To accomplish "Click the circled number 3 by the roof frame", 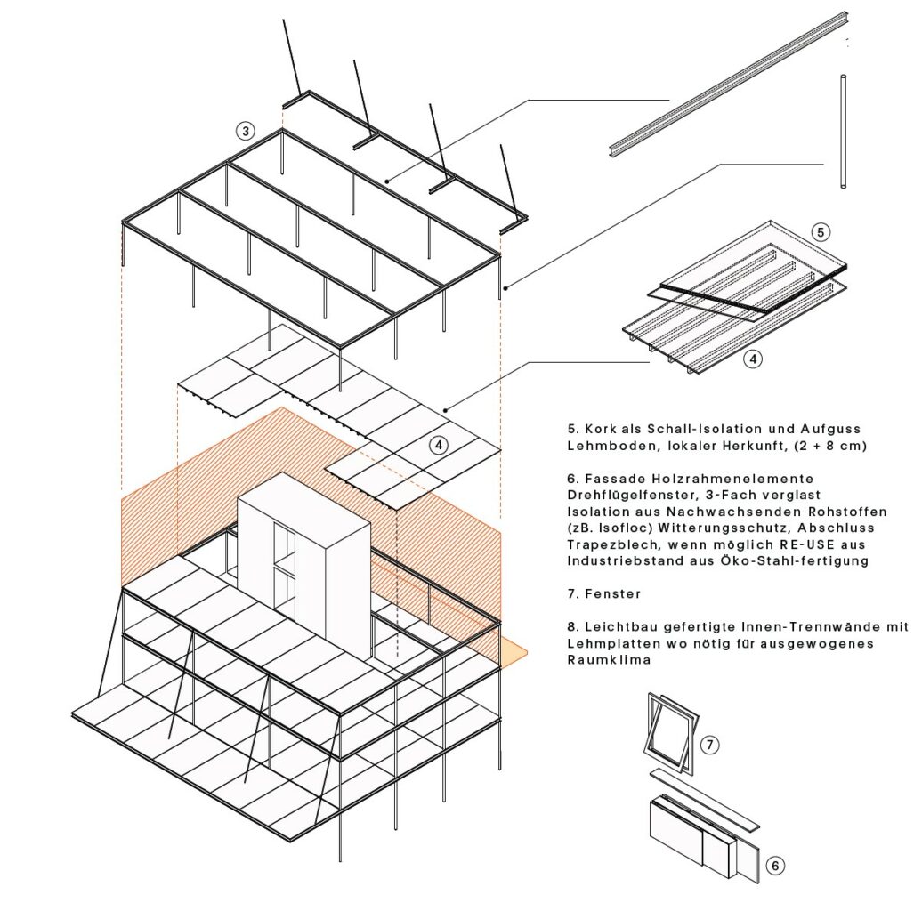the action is [246, 131].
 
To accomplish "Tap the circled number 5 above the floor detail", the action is [821, 232].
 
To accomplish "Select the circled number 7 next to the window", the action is [709, 746].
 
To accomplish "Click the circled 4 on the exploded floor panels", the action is [439, 445].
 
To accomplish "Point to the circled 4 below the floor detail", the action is [753, 359].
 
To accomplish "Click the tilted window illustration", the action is [671, 729].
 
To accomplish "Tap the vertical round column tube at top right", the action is [844, 131].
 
